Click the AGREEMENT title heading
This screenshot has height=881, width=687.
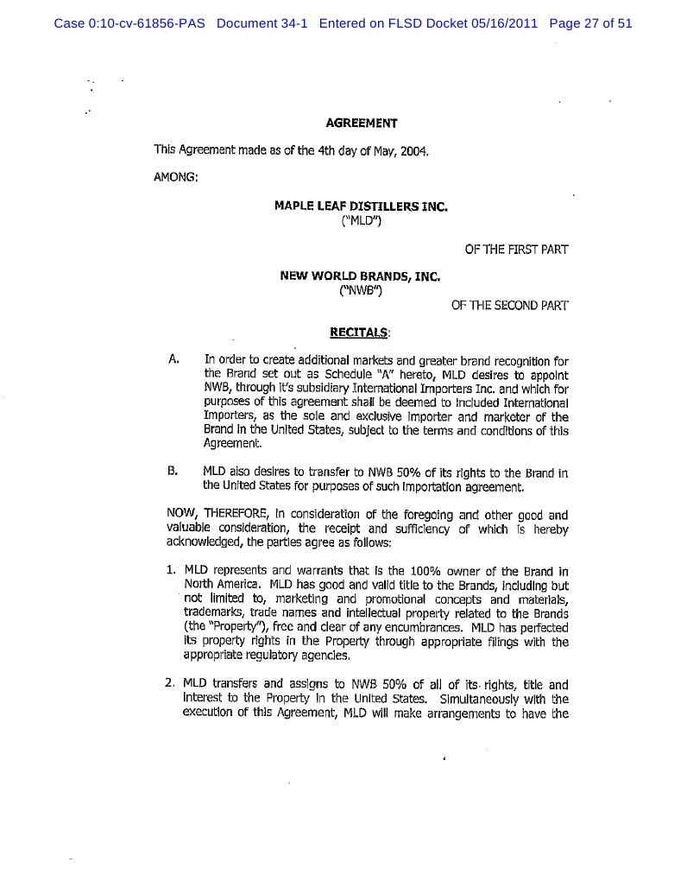[x=361, y=123]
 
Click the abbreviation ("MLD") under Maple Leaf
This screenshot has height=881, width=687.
[x=362, y=220]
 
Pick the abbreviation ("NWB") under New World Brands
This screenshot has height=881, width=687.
[x=362, y=291]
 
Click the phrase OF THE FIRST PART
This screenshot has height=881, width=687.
[x=516, y=250]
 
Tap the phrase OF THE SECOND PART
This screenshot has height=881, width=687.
[x=509, y=306]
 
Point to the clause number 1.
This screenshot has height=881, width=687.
[x=171, y=571]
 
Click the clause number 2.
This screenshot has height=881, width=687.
[x=171, y=685]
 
